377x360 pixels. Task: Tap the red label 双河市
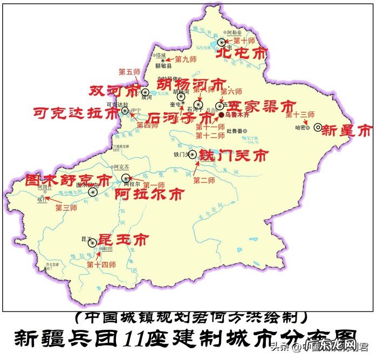click(x=114, y=89)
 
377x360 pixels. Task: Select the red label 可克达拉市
click(x=75, y=113)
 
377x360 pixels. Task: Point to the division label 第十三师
click(x=299, y=114)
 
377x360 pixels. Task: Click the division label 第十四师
click(x=101, y=264)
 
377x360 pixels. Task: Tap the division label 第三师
click(x=66, y=207)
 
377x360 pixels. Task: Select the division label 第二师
click(x=204, y=179)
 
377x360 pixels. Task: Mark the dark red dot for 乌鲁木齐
click(x=221, y=115)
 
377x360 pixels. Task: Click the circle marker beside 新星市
click(x=318, y=127)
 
